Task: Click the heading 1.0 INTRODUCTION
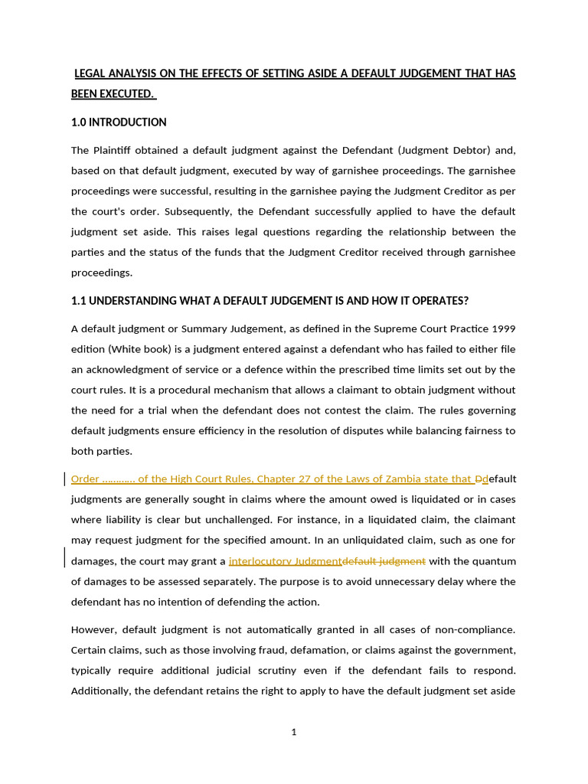(119, 122)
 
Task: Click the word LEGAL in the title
(92, 73)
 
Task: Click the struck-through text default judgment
(384, 561)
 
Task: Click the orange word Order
(85, 479)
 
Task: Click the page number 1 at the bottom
(294, 732)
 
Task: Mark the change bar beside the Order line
(64, 479)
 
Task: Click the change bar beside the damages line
(64, 557)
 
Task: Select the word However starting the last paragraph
(92, 629)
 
